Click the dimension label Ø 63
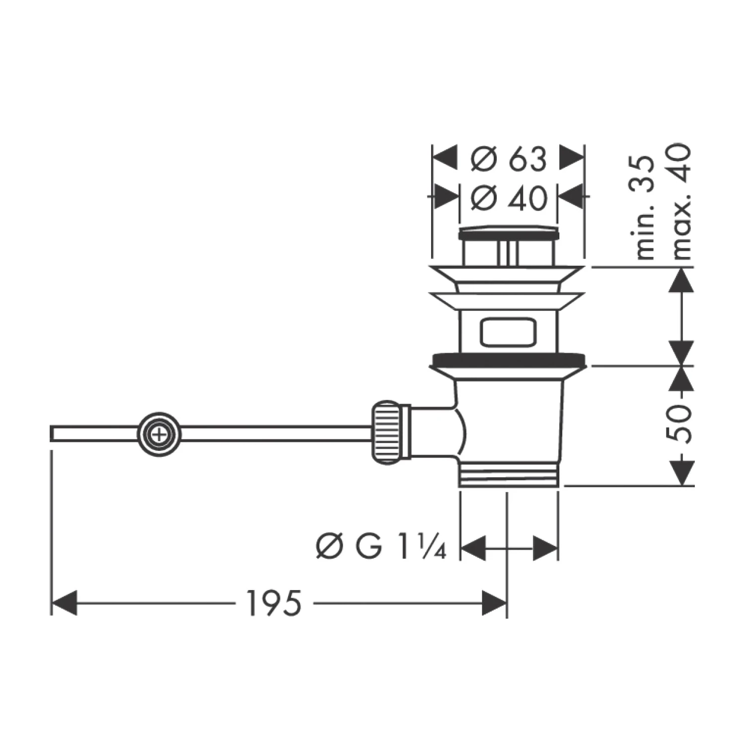[x=508, y=159]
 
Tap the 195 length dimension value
[x=274, y=603]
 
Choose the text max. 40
[x=681, y=201]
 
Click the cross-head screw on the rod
[x=159, y=435]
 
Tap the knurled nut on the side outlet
[x=386, y=433]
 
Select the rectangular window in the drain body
[x=508, y=331]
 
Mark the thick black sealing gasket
[x=508, y=359]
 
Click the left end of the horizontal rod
[x=53, y=433]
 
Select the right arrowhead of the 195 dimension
[x=494, y=603]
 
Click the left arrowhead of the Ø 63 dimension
[x=445, y=158]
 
